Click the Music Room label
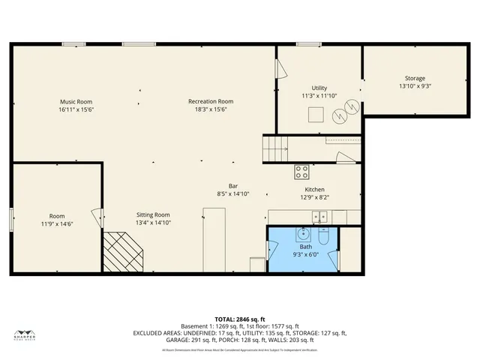pos(76,101)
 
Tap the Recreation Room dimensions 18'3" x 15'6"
pos(211,109)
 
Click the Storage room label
pos(415,78)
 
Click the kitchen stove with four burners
pos(302,171)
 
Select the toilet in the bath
pos(324,236)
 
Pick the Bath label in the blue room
pos(306,247)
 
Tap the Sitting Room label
pos(153,214)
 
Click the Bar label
pos(233,186)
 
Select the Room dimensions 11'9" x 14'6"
pos(57,224)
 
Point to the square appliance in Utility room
pos(317,114)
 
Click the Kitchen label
pos(314,190)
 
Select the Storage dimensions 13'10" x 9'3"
pos(415,86)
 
